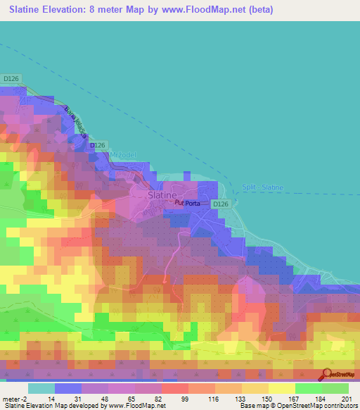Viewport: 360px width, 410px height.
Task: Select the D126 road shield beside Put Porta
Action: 221,204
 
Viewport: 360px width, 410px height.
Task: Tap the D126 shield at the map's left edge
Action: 11,78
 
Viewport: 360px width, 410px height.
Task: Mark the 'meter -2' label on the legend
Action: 15,398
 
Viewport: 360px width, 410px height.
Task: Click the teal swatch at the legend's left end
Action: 41,387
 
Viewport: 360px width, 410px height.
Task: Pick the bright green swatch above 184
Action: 308,387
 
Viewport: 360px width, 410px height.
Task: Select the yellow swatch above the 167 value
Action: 281,387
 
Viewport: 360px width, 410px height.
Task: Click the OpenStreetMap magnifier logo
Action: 328,375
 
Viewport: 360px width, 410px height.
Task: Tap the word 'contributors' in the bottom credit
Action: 341,406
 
